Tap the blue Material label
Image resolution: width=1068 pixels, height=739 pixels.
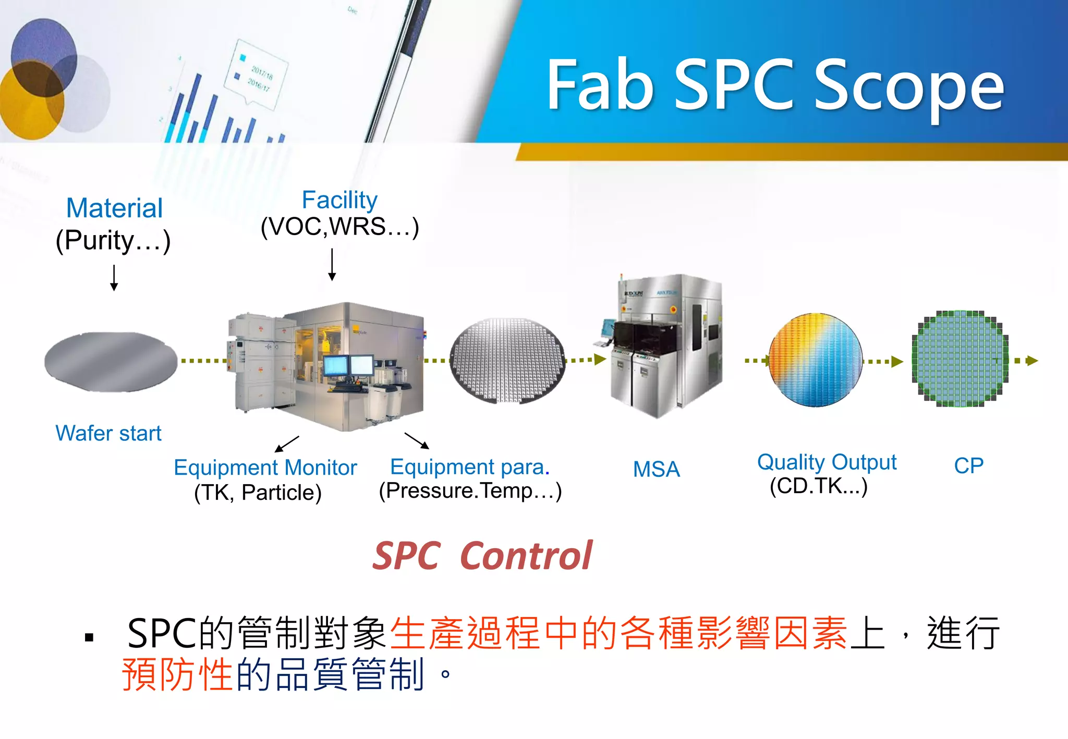(x=115, y=208)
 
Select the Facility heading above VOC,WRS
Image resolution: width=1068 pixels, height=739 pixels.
(x=339, y=200)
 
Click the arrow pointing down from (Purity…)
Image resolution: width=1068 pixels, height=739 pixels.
(x=114, y=277)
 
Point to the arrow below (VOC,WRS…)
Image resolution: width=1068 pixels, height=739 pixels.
(x=332, y=264)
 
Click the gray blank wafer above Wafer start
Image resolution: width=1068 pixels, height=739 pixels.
(x=111, y=361)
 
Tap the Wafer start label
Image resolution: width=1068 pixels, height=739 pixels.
(x=108, y=433)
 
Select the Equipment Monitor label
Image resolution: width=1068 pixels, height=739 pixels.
(x=265, y=467)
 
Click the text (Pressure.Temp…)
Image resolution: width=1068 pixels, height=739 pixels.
(x=470, y=491)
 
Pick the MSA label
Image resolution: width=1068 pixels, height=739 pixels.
(x=657, y=469)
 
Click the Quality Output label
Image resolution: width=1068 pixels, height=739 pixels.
(x=827, y=462)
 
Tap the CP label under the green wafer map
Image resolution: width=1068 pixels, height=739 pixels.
(x=968, y=465)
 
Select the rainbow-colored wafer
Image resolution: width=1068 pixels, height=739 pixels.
(x=816, y=360)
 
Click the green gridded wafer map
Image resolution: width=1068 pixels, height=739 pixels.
(x=960, y=359)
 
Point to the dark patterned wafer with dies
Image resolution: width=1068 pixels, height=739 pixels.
(x=507, y=360)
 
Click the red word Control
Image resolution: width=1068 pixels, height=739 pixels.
(x=527, y=556)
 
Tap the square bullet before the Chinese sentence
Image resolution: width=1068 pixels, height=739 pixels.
(x=89, y=637)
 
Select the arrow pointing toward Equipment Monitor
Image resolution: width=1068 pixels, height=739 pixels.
(x=286, y=444)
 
